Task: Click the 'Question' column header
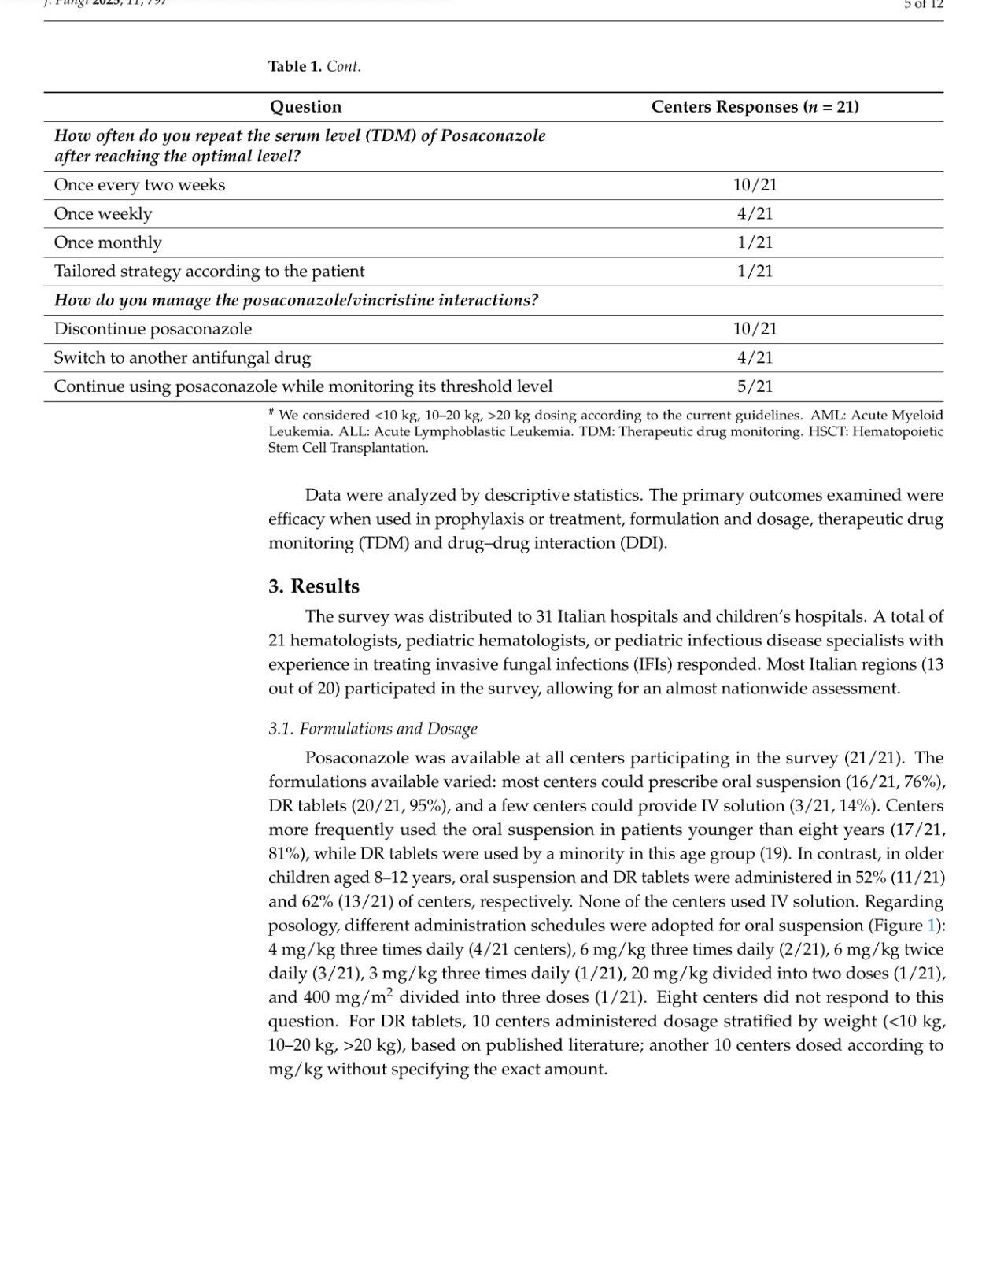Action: pyautogui.click(x=305, y=107)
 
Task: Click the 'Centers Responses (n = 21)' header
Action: pyautogui.click(x=755, y=107)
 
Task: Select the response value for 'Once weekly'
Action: pyautogui.click(x=755, y=214)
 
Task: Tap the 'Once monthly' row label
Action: pyautogui.click(x=108, y=242)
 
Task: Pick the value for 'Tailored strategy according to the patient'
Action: pyautogui.click(x=755, y=272)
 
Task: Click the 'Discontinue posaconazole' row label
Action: pyautogui.click(x=153, y=329)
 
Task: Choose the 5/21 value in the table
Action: pyautogui.click(x=755, y=386)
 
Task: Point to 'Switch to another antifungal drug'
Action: pyautogui.click(x=183, y=358)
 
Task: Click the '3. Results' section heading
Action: pyautogui.click(x=313, y=586)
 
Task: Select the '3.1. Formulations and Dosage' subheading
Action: pyautogui.click(x=372, y=729)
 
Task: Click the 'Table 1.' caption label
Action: pyautogui.click(x=295, y=67)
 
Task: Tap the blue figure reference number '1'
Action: pyautogui.click(x=932, y=926)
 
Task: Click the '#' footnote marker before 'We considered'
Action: pyautogui.click(x=271, y=412)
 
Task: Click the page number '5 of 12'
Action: pyautogui.click(x=923, y=5)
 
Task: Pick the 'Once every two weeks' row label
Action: pyautogui.click(x=139, y=185)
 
